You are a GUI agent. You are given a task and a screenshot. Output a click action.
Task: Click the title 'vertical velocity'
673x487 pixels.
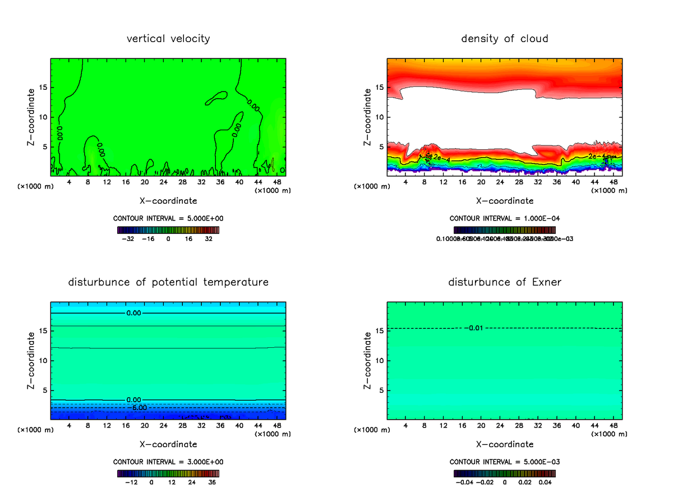coord(168,39)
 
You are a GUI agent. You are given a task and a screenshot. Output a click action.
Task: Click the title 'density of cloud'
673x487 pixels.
coord(505,39)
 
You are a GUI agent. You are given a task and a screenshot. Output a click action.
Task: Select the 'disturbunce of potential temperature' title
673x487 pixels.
coord(168,282)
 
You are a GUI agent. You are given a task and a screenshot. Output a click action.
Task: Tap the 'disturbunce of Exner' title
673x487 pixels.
coord(505,282)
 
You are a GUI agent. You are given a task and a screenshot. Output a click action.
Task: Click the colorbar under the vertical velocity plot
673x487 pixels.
coord(168,229)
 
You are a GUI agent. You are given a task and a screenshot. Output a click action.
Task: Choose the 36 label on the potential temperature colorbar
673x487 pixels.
coord(211,482)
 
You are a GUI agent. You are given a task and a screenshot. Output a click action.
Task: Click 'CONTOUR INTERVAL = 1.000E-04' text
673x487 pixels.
coord(505,218)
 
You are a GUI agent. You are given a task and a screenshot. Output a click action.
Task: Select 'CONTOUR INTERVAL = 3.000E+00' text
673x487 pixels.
coord(168,462)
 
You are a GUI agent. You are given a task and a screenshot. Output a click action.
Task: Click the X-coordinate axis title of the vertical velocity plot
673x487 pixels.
coord(168,200)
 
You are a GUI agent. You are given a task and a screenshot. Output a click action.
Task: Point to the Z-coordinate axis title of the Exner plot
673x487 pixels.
coord(368,360)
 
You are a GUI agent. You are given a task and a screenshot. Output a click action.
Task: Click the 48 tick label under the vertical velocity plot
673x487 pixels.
coord(276,182)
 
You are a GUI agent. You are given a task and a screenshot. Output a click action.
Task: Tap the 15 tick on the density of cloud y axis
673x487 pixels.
coord(380,88)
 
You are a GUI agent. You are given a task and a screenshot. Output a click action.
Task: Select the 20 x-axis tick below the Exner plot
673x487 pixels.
coord(481,425)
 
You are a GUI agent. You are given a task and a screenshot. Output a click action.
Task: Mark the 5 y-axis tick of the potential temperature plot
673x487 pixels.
coord(45,390)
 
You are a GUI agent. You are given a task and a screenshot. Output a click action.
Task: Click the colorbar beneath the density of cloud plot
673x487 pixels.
coord(505,229)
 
